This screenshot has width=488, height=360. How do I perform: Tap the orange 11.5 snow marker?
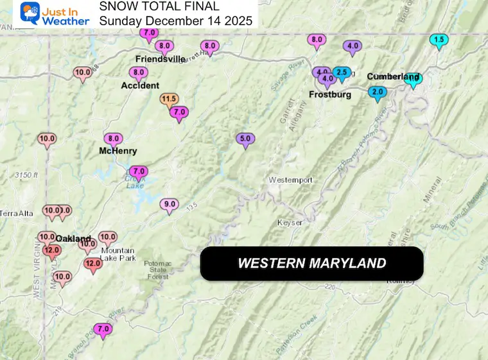(170, 99)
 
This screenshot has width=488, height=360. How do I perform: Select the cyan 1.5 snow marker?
(439, 40)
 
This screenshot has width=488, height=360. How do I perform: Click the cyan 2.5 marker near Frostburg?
(342, 73)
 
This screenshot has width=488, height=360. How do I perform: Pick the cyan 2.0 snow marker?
(377, 92)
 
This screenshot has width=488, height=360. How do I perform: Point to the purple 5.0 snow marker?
(245, 139)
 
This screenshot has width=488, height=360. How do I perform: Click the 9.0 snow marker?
(170, 205)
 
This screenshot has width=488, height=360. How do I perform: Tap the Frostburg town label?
(330, 94)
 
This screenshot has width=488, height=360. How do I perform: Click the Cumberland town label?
(392, 76)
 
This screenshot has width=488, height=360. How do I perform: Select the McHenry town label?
(117, 151)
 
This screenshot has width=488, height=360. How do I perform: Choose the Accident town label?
(140, 85)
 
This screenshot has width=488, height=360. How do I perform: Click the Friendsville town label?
(160, 59)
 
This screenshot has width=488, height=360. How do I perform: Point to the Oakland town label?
(73, 238)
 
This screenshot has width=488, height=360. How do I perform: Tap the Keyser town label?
(289, 222)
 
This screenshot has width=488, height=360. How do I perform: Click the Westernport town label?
(290, 180)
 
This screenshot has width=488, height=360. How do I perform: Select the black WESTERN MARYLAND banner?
(311, 263)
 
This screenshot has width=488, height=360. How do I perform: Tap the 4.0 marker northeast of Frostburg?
(353, 46)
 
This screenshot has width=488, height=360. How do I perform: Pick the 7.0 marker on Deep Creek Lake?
(138, 172)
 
